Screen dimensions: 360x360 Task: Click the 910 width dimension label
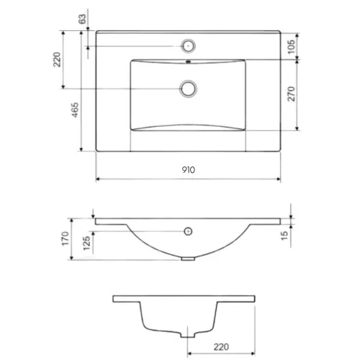point(189,170)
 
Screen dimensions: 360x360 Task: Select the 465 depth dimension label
point(76,110)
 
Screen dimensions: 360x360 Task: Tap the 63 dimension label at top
point(82,19)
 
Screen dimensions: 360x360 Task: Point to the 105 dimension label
point(291,47)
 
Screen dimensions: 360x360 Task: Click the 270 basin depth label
point(291,94)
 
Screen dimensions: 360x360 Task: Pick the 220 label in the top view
point(57,59)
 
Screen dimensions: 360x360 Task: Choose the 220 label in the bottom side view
point(221,347)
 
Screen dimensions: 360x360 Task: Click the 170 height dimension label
point(66,238)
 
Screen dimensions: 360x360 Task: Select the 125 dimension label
point(86,243)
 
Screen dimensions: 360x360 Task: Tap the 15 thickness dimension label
point(284,235)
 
